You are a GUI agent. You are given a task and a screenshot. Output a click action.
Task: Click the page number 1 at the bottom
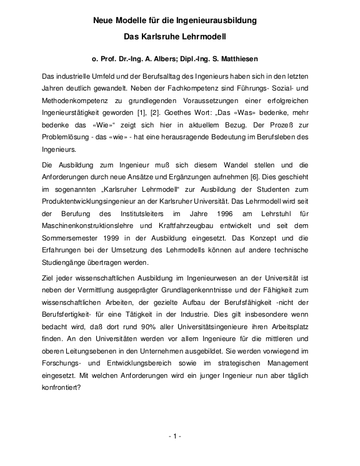[175, 435]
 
